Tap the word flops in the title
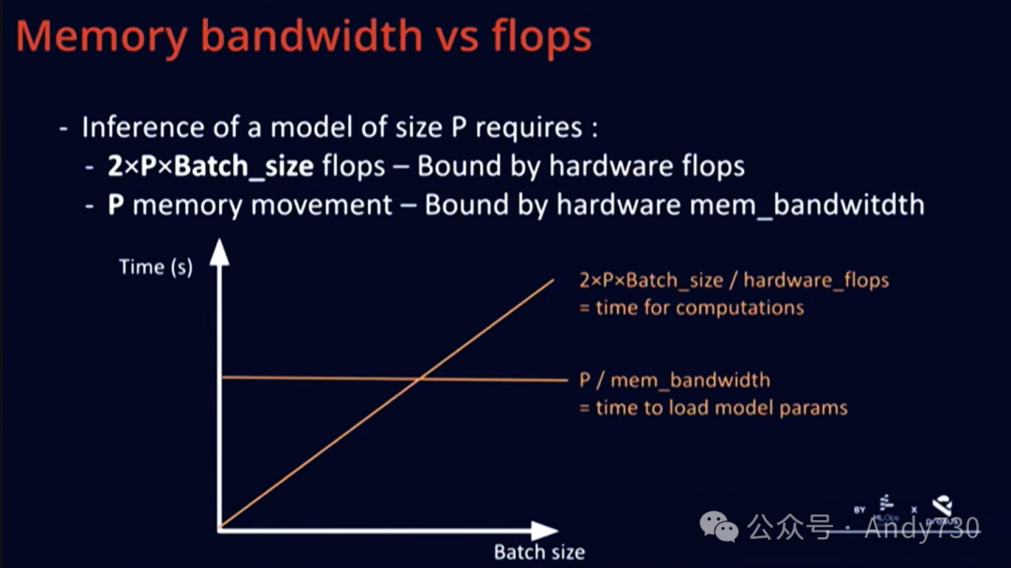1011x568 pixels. point(542,37)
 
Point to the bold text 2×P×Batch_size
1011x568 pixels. point(212,166)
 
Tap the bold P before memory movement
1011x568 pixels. point(117,204)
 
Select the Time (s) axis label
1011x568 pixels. point(155,267)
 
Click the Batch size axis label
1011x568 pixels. point(539,552)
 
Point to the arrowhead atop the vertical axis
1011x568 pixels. point(219,252)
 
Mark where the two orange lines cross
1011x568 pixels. point(420,378)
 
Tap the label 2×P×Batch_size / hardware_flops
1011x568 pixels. point(734,280)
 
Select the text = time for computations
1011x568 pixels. point(692,307)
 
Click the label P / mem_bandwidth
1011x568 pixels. point(674,380)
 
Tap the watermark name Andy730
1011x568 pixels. point(921,529)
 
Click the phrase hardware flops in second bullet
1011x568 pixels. point(647,166)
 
